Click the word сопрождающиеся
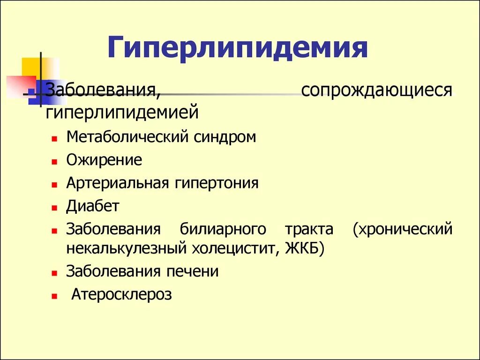click(x=377, y=90)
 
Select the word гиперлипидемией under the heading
click(x=122, y=112)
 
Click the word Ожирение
click(x=104, y=160)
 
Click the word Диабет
click(x=93, y=206)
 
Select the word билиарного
click(x=223, y=230)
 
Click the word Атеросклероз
click(x=122, y=294)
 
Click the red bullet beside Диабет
click(x=55, y=207)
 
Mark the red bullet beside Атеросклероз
click(x=55, y=296)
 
